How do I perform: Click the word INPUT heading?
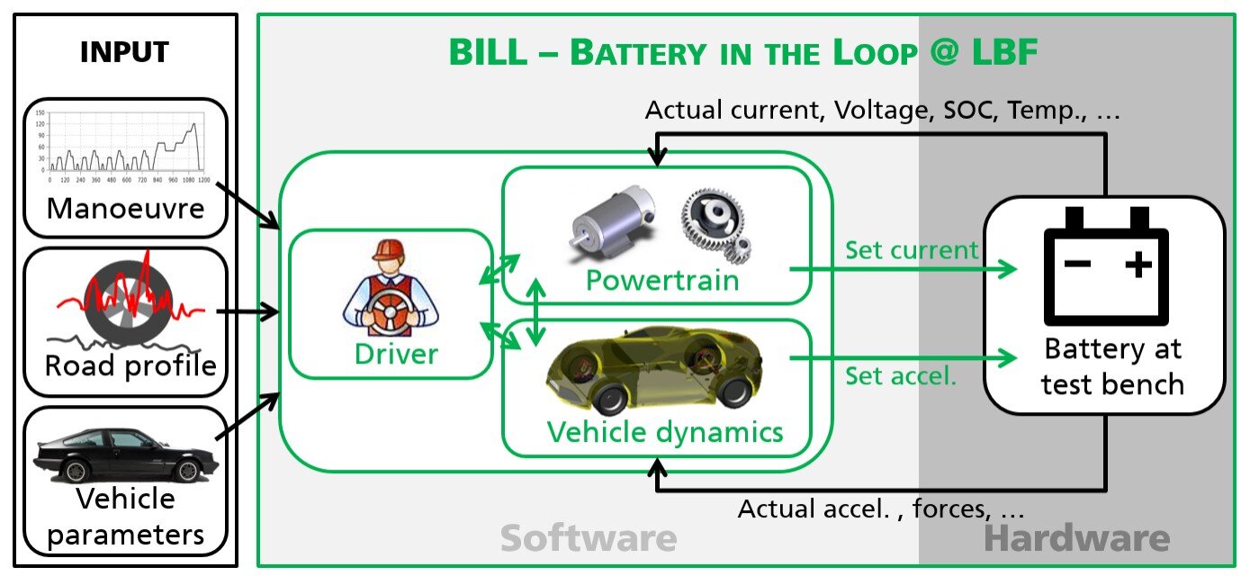point(124,52)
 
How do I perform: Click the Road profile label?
point(130,366)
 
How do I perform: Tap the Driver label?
point(396,354)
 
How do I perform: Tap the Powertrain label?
point(662,281)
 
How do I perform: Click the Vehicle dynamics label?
point(665,432)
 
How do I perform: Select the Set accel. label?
point(900,375)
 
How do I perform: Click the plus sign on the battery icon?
point(1138,265)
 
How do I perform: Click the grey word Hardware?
point(1076,539)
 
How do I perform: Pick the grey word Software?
point(588,539)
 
